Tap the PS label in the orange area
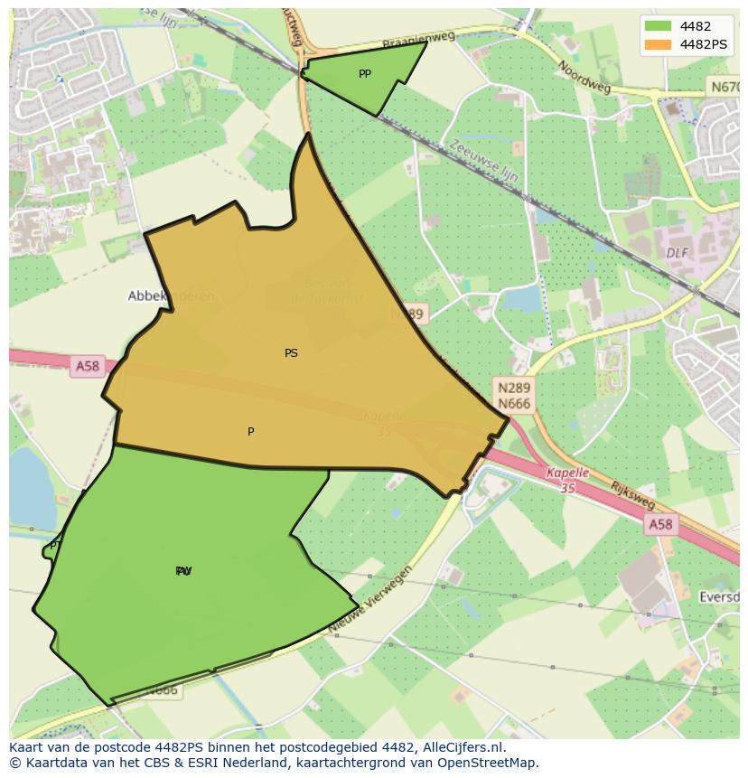291,353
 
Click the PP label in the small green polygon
364,74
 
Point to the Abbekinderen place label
172,295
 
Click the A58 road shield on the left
88,366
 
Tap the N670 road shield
723,87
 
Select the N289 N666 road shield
513,395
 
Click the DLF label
678,253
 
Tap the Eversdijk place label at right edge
720,597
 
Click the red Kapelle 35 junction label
567,479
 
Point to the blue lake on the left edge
29,488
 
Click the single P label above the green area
250,432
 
